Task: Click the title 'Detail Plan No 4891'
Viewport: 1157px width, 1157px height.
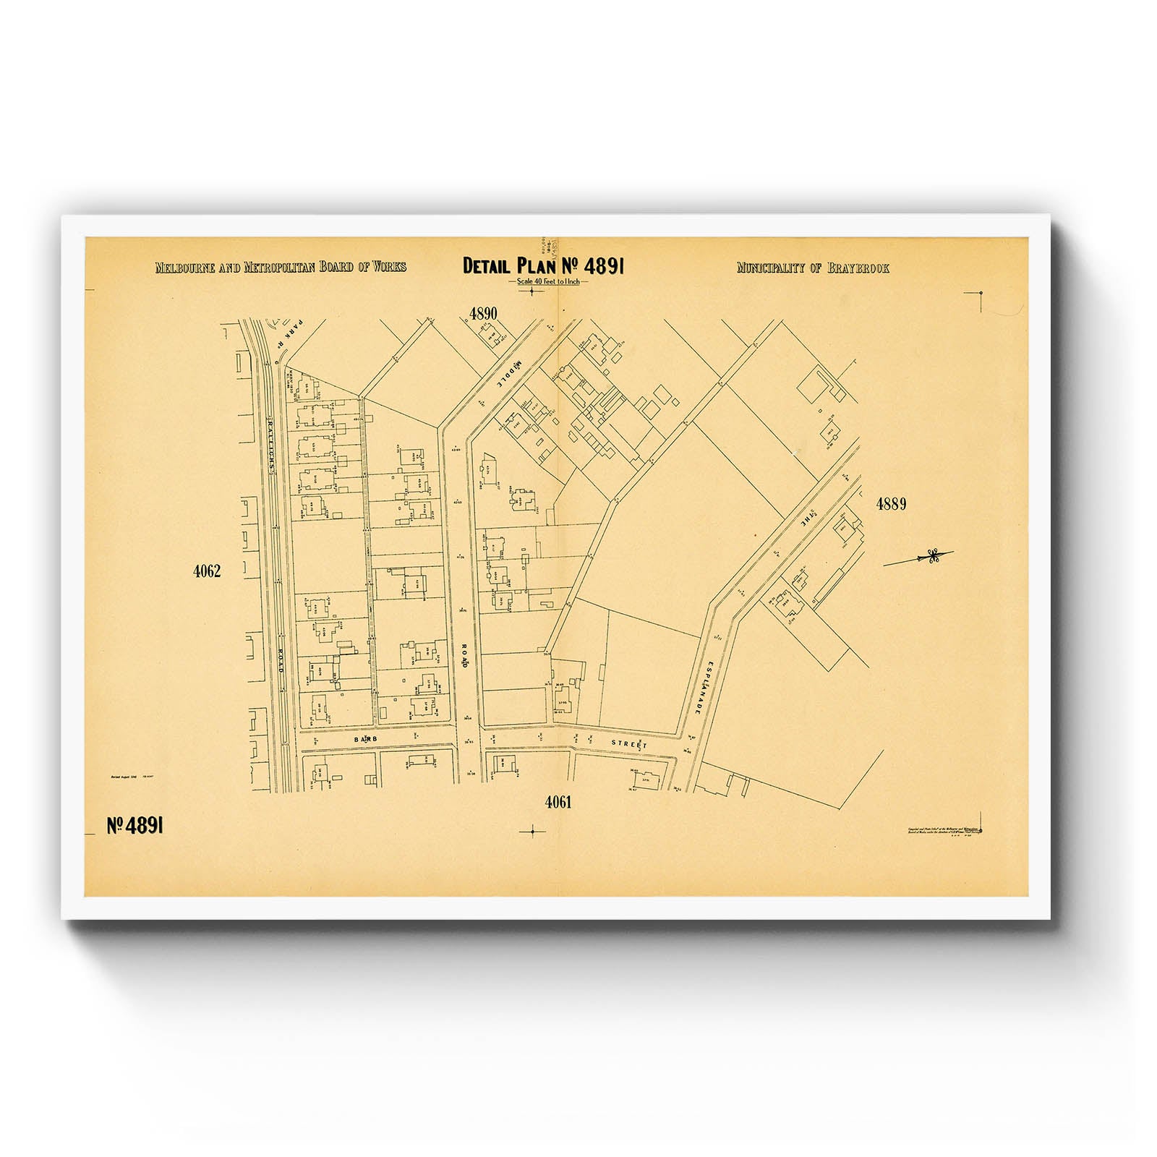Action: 543,266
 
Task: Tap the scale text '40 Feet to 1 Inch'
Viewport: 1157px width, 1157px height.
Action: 548,281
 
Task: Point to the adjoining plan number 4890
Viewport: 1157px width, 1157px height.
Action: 483,314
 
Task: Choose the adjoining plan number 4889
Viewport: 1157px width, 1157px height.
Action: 891,504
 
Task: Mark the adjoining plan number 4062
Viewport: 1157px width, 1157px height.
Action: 207,571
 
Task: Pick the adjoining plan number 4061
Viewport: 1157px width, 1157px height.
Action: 558,802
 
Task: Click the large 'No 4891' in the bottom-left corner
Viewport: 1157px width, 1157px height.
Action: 135,826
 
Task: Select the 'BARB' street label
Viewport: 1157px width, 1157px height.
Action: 367,739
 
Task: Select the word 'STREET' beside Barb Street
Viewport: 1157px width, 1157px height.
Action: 628,743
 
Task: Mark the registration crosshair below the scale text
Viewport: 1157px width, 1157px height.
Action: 533,291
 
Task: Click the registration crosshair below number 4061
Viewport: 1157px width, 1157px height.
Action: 533,832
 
